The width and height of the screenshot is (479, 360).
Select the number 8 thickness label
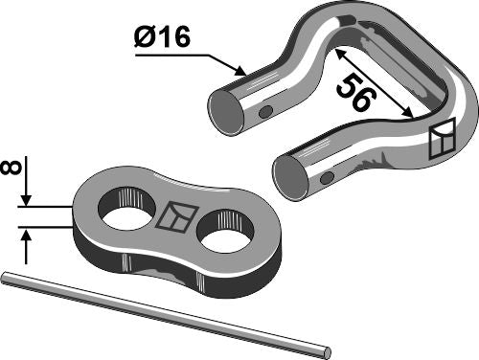tap(13, 169)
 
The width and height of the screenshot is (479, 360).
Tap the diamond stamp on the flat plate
tap(175, 218)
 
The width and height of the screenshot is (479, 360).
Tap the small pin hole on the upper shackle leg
tap(265, 112)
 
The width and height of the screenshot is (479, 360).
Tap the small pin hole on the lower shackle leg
tap(326, 179)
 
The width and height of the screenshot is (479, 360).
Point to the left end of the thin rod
tap(6, 278)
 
